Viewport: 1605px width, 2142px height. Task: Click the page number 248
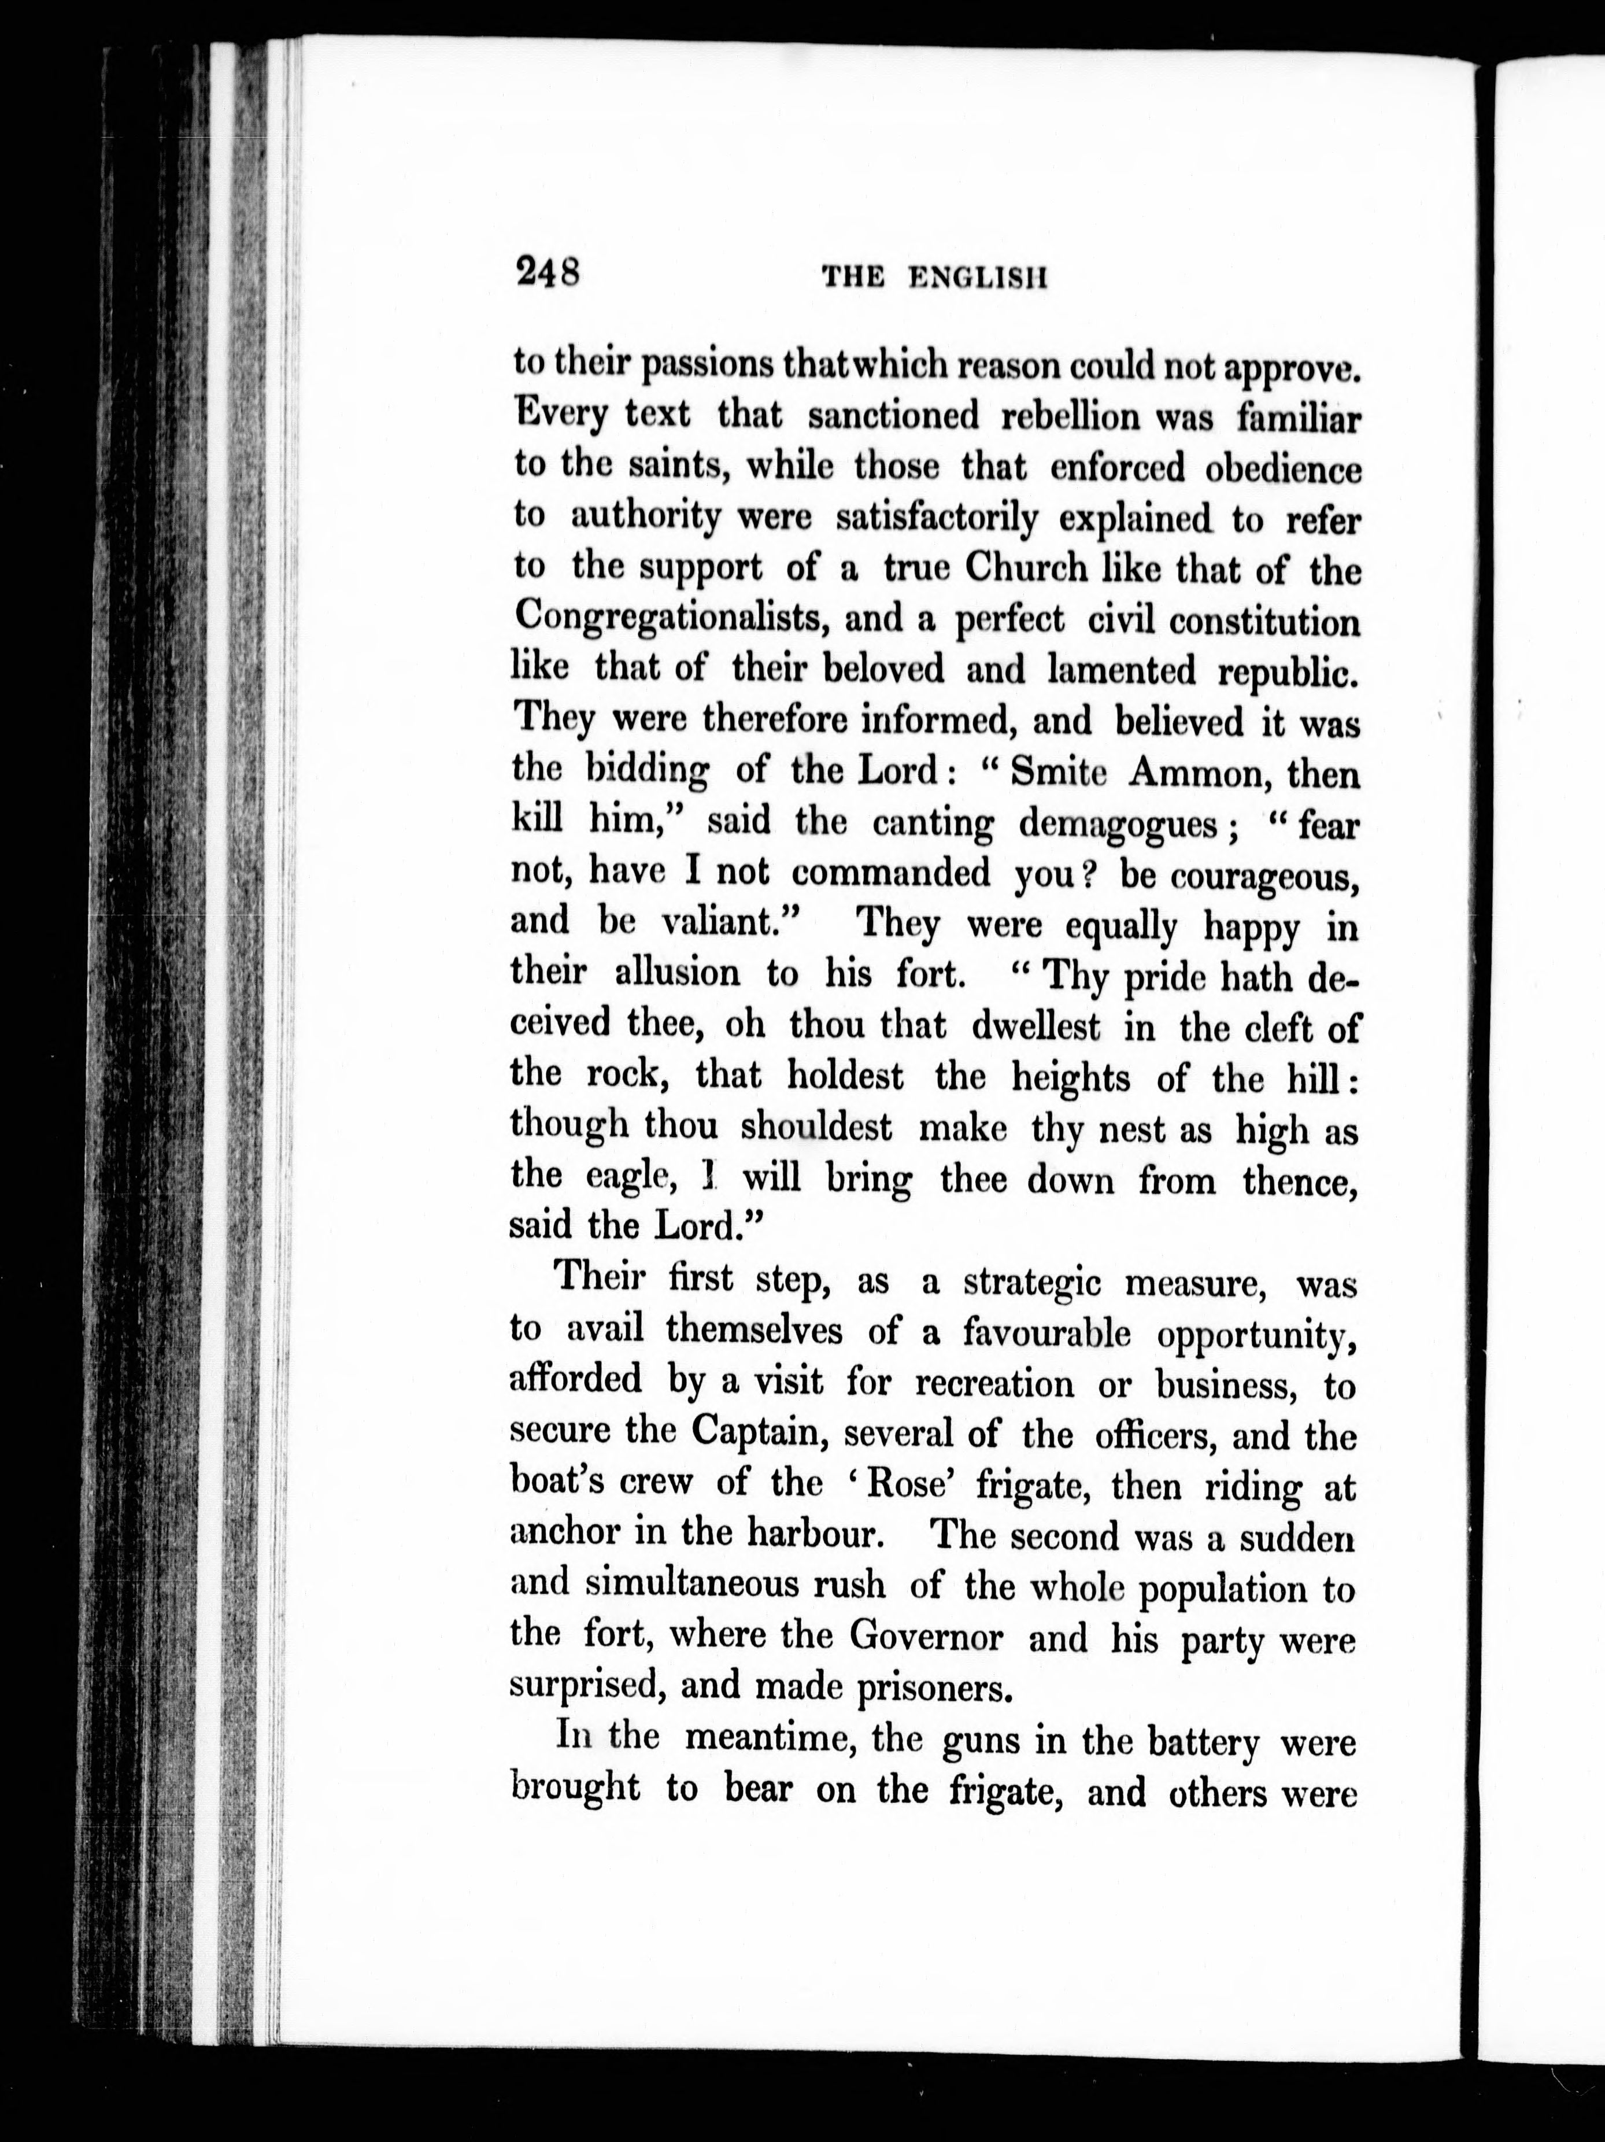548,271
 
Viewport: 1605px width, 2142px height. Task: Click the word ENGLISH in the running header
979,278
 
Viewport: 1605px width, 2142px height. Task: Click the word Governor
926,1635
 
